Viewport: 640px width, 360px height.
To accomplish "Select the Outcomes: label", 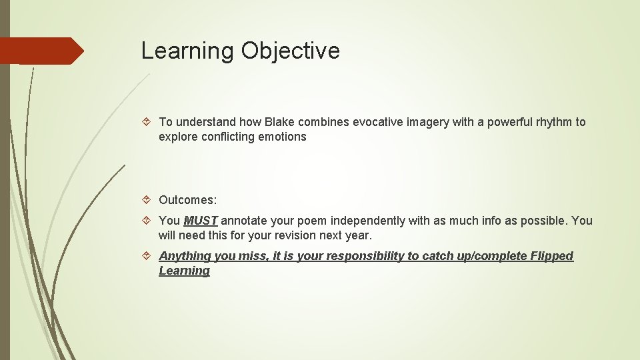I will (x=187, y=200).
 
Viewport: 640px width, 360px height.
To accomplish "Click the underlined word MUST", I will (x=201, y=221).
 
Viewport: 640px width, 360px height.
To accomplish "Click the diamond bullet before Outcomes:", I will (x=149, y=200).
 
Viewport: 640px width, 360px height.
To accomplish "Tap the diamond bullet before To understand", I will (x=149, y=122).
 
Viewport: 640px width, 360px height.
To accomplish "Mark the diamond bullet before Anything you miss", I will (x=149, y=256).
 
